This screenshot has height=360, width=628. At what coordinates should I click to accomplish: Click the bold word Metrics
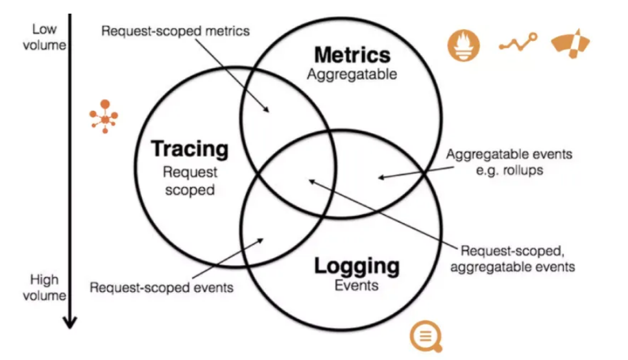tap(352, 55)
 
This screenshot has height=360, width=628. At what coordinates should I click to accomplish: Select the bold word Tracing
tap(190, 149)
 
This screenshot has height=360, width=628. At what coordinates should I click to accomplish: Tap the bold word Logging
tap(357, 265)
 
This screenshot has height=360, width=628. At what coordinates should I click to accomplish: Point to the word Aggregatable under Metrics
tap(352, 75)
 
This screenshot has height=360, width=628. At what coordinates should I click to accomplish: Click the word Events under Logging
tap(356, 285)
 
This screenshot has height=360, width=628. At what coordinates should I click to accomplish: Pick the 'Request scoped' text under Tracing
tap(190, 182)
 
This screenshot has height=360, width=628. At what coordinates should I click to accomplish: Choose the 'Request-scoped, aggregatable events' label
tap(518, 258)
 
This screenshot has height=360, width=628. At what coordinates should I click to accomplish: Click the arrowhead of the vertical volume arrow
tap(70, 321)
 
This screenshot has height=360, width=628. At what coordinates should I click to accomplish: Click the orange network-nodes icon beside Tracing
tap(104, 117)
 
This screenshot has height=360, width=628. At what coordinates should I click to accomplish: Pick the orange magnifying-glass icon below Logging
tap(426, 337)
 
